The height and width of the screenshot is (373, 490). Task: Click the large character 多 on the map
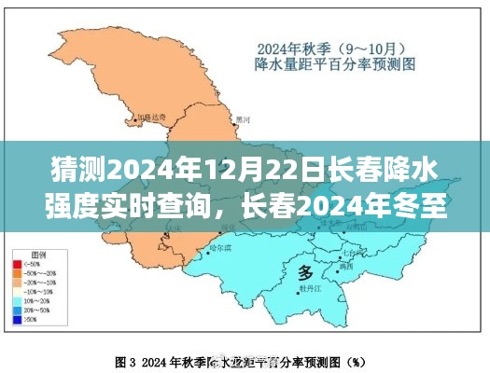305,272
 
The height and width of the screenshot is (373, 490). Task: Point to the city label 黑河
244,119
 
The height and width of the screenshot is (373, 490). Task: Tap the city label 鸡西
347,266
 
